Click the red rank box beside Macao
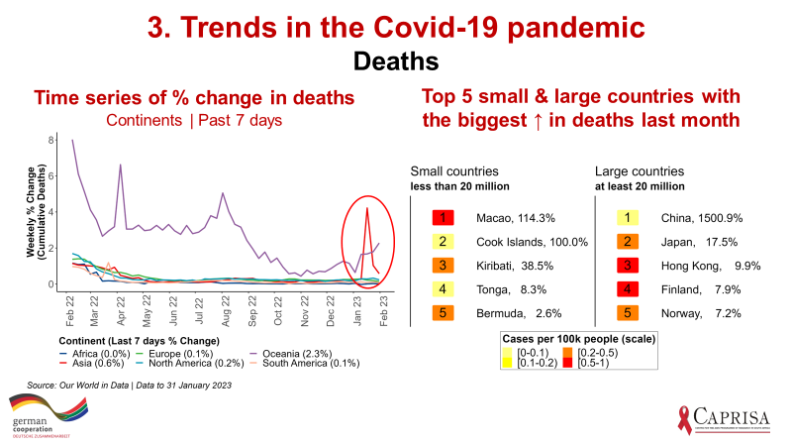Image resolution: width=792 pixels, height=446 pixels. click(x=445, y=217)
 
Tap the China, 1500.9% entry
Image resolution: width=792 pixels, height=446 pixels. click(x=702, y=217)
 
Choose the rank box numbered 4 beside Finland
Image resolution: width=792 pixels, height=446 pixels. click(x=628, y=290)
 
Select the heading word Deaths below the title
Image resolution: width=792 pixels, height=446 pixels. click(x=396, y=61)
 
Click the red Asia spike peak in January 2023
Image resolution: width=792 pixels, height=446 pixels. click(x=367, y=207)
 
